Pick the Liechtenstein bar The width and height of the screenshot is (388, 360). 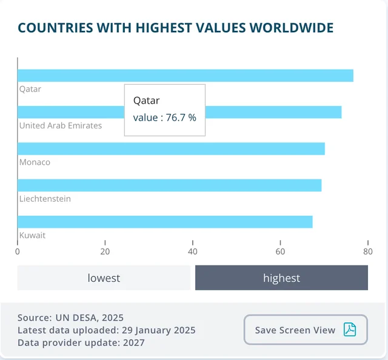tap(169, 185)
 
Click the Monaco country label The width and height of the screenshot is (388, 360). tap(35, 162)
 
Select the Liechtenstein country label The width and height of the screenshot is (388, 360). tap(45, 199)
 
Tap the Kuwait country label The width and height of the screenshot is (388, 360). tap(32, 235)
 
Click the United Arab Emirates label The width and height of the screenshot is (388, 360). tap(61, 125)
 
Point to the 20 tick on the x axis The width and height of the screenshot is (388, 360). tap(105, 251)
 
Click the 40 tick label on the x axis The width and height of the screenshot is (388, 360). tap(193, 251)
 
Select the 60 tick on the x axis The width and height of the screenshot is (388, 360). tap(280, 251)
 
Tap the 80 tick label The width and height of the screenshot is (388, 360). tap(367, 251)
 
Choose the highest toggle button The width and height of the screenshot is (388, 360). tap(281, 278)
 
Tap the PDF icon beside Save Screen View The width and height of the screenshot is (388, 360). tap(350, 330)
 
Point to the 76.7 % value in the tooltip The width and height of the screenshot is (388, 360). tap(180, 118)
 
